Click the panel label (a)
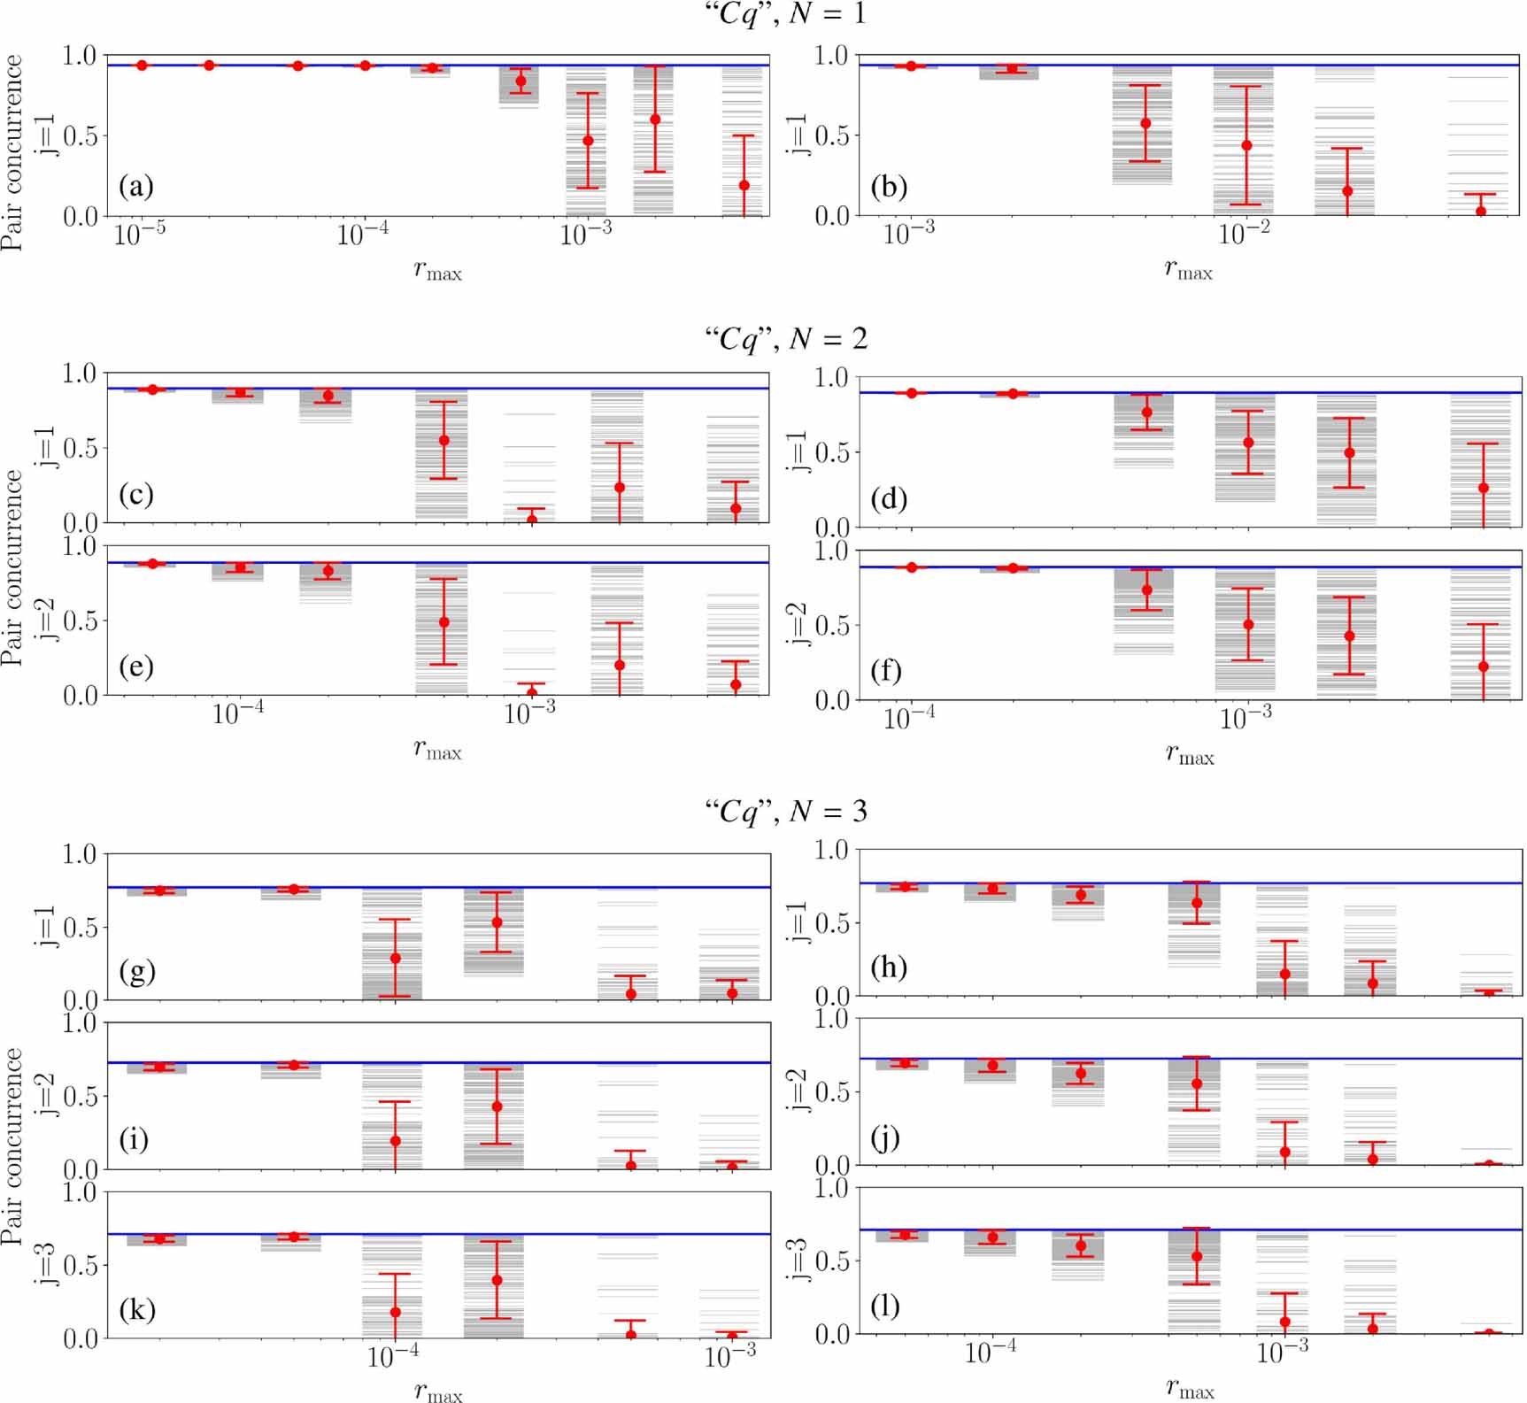(x=136, y=187)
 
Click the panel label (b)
(x=889, y=187)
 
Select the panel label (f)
(x=886, y=671)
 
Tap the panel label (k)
(x=137, y=1308)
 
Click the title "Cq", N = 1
(x=785, y=14)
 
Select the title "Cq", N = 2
(x=785, y=339)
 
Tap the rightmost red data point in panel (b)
(x=1480, y=212)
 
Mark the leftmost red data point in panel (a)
(x=142, y=66)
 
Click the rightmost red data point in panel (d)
(x=1484, y=488)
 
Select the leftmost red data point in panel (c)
(x=152, y=389)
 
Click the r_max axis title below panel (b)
(x=1188, y=271)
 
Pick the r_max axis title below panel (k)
(x=438, y=1391)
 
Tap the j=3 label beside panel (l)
(x=798, y=1260)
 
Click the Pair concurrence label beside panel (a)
(x=12, y=152)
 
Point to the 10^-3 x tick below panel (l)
(x=1282, y=1352)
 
